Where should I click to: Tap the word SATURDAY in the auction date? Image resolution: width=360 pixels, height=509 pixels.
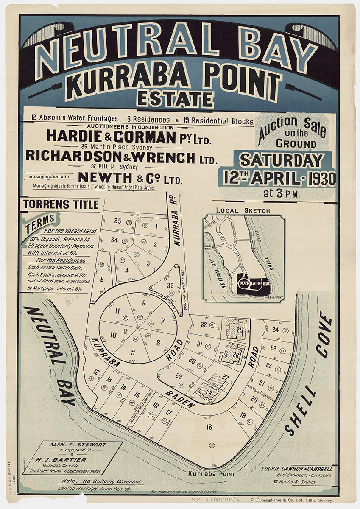pyautogui.click(x=282, y=160)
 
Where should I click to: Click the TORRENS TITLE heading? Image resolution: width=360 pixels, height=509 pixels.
pyautogui.click(x=61, y=204)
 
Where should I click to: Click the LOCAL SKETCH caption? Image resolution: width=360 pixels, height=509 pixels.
pyautogui.click(x=243, y=210)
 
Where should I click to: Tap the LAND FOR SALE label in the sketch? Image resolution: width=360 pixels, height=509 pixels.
pyautogui.click(x=254, y=283)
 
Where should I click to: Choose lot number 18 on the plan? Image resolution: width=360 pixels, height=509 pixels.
pyautogui.click(x=209, y=427)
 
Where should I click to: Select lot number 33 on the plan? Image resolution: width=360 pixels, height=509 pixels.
pyautogui.click(x=170, y=285)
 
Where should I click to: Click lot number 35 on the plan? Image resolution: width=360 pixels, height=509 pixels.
pyautogui.click(x=117, y=221)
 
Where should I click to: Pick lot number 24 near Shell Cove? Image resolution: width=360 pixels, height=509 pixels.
pyautogui.click(x=275, y=330)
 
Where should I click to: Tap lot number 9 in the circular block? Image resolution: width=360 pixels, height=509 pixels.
pyautogui.click(x=133, y=351)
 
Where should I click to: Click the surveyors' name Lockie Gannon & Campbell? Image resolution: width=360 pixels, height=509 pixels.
pyautogui.click(x=296, y=469)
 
